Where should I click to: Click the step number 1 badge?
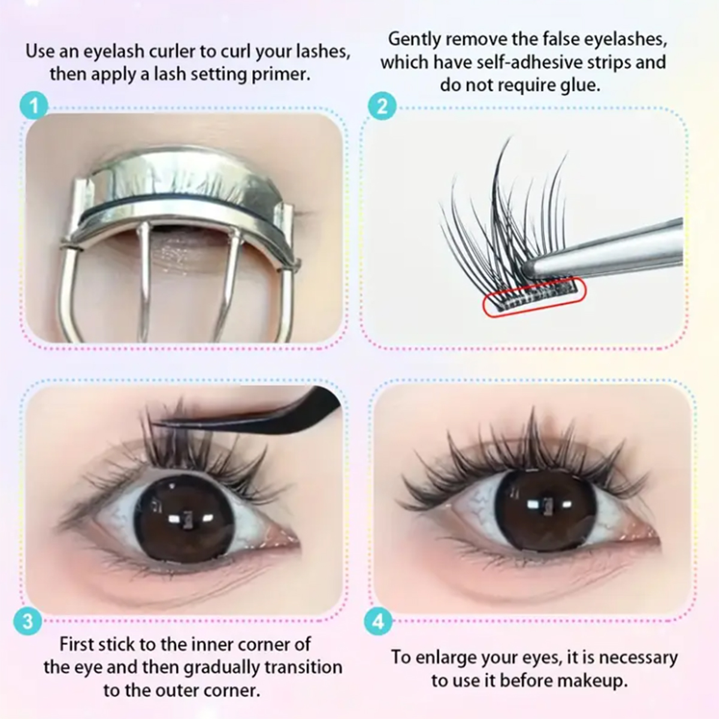34,106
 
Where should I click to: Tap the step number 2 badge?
382,107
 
